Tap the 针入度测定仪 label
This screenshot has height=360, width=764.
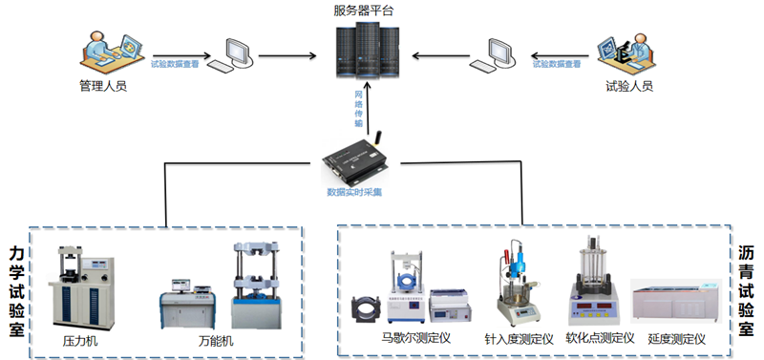(x=519, y=339)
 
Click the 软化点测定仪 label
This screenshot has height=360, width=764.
(x=600, y=338)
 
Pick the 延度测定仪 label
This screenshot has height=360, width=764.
(x=676, y=338)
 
